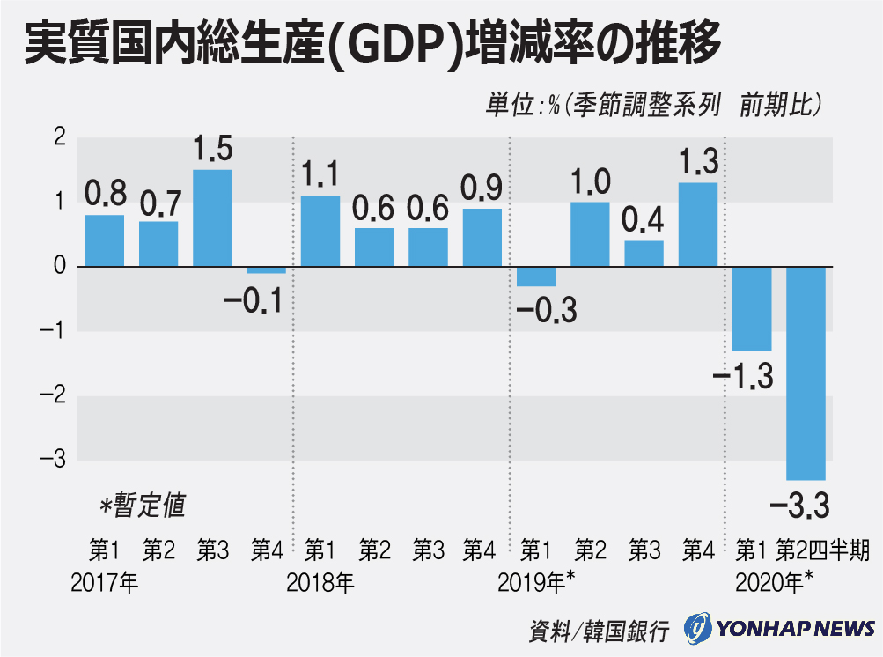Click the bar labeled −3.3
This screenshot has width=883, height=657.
pyautogui.click(x=806, y=372)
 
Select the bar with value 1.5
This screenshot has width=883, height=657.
pyautogui.click(x=212, y=218)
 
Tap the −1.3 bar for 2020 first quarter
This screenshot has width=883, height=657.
pyautogui.click(x=752, y=308)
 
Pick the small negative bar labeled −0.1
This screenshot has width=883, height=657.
pyautogui.click(x=266, y=269)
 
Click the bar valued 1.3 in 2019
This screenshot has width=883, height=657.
pyautogui.click(x=697, y=224)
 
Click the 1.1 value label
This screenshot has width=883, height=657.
pyautogui.click(x=320, y=174)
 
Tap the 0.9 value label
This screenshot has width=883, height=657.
pyautogui.click(x=482, y=188)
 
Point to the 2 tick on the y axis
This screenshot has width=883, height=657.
pyautogui.click(x=59, y=138)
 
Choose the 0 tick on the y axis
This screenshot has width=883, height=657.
pyautogui.click(x=59, y=266)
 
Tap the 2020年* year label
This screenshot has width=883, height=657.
pyautogui.click(x=774, y=582)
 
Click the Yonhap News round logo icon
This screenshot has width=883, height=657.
pyautogui.click(x=698, y=629)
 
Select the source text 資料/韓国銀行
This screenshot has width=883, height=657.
pyautogui.click(x=599, y=631)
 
